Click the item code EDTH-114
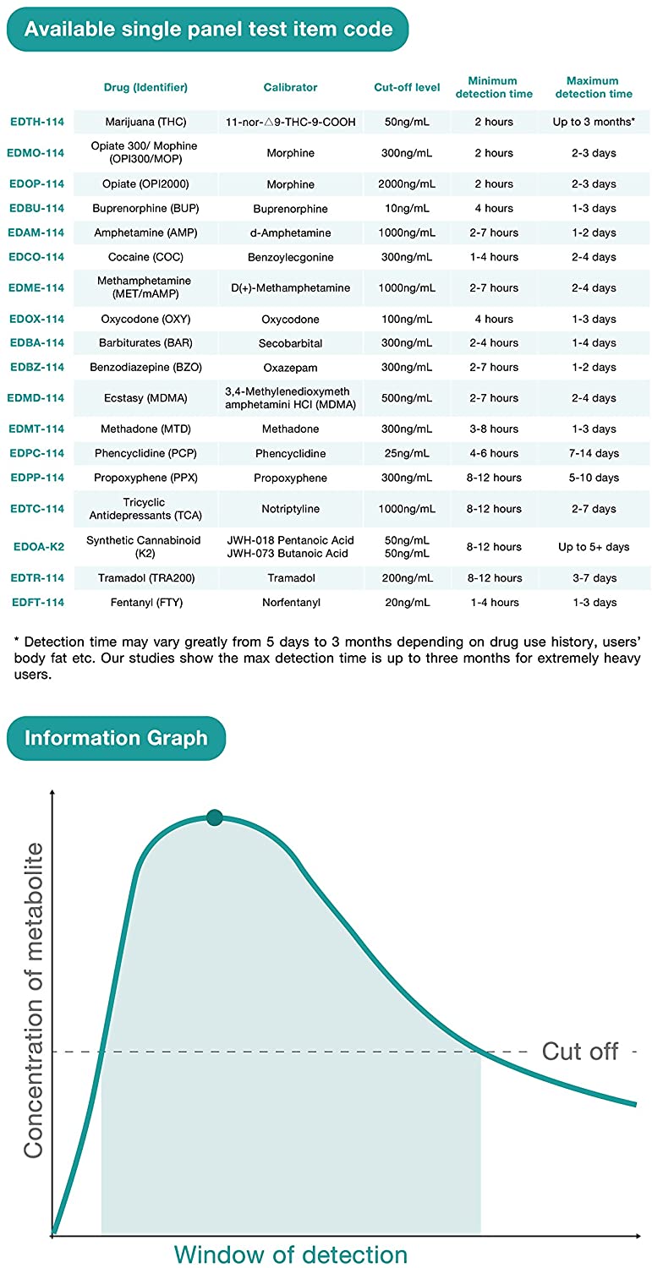[x=36, y=122]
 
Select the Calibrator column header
[x=290, y=87]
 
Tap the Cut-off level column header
[x=407, y=87]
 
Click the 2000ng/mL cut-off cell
[x=407, y=184]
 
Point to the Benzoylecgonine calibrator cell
[x=290, y=257]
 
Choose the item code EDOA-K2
[x=38, y=547]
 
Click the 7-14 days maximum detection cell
[x=593, y=454]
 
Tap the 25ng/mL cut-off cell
[x=407, y=454]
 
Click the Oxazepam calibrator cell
[x=290, y=368]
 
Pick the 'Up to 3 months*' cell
[x=593, y=122]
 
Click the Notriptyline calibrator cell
[x=290, y=509]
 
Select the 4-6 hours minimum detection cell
[x=494, y=454]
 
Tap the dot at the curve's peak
[x=215, y=817]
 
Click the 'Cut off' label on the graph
[x=580, y=1052]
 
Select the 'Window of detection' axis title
[x=290, y=1254]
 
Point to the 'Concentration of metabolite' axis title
[x=34, y=1001]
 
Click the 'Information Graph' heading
[x=116, y=738]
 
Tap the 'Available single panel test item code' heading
[x=208, y=30]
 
